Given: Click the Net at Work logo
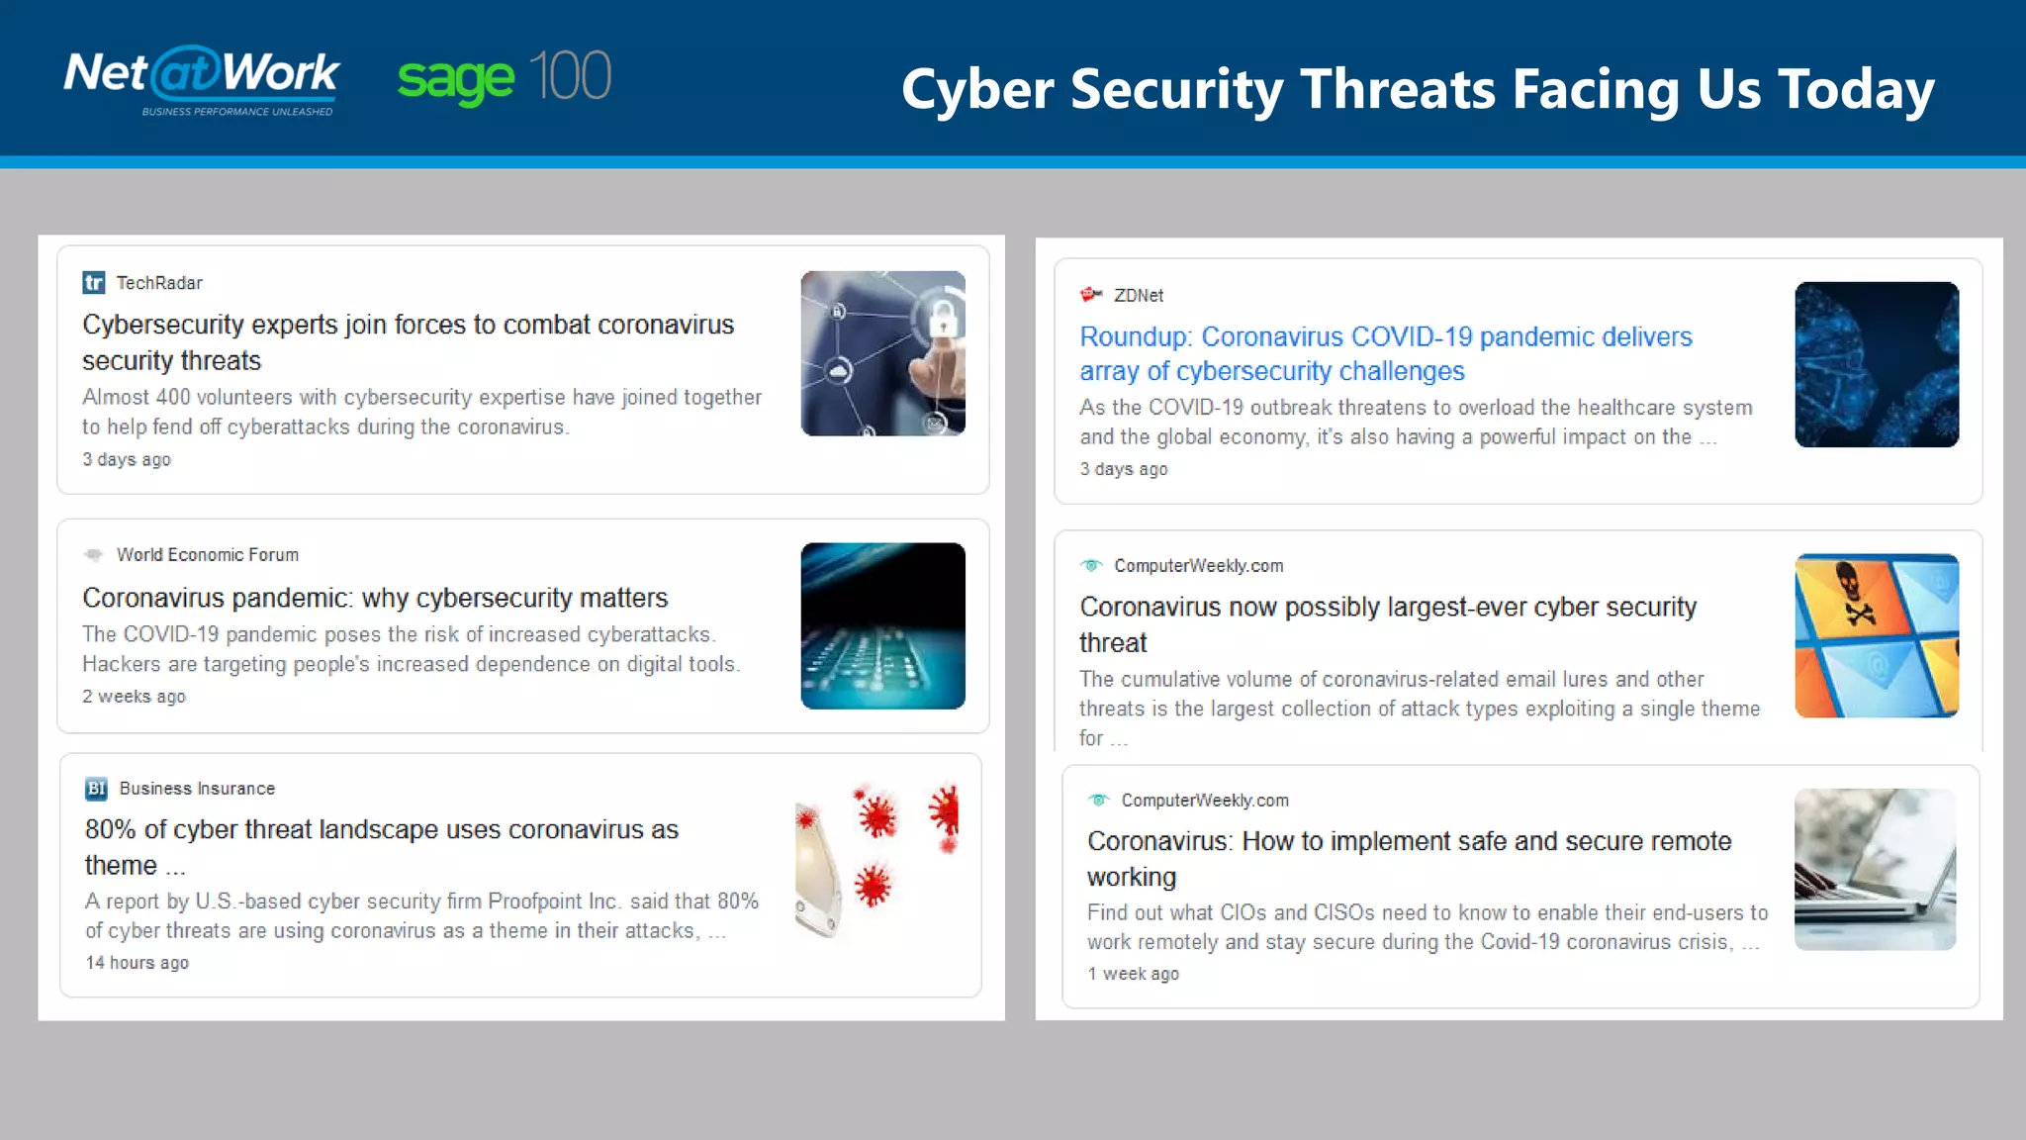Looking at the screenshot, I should (202, 74).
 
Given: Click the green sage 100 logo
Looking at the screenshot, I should (504, 77).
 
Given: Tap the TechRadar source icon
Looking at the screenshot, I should (94, 283).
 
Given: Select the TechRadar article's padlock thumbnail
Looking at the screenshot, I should (882, 353).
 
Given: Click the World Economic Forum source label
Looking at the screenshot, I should (207, 555).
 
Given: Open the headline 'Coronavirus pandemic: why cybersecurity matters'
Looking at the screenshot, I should (375, 598).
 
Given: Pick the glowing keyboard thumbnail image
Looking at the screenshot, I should (882, 625).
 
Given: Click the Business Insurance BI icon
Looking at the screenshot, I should (96, 789).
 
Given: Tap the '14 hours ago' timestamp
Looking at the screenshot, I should (137, 963).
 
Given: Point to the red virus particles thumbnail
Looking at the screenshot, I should (876, 859).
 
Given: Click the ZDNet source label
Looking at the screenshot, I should (1138, 296).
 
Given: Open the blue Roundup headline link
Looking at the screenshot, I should (1385, 353).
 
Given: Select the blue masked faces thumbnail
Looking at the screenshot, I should (1877, 364).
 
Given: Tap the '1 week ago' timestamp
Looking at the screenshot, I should (1133, 974).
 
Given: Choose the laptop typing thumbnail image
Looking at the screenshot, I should (1875, 869).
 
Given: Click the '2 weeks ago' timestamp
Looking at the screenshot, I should (134, 697).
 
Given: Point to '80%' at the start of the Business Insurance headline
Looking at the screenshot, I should (110, 830).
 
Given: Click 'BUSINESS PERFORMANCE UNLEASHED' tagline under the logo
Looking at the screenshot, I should (237, 112).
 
